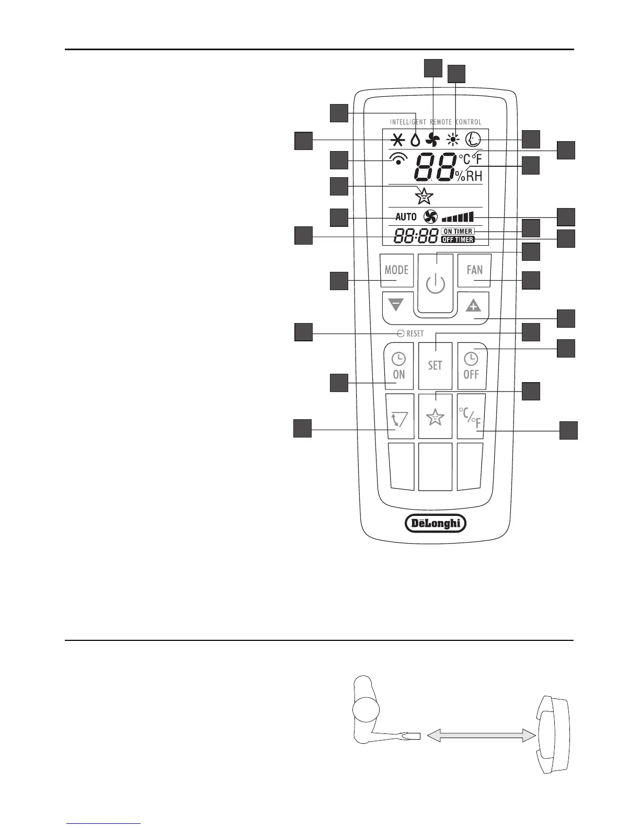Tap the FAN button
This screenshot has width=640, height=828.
coord(474,270)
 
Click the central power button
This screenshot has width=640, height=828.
coord(435,284)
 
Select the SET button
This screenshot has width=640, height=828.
coord(435,365)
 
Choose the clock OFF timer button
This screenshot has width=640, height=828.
coord(472,366)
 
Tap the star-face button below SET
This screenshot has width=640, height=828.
coord(435,417)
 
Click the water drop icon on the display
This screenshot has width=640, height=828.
coord(415,140)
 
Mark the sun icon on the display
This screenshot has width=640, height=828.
coord(453,140)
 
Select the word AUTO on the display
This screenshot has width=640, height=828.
coord(406,217)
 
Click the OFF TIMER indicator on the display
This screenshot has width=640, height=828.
coord(458,240)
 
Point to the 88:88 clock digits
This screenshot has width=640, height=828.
coord(416,237)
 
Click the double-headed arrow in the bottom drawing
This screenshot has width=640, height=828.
coord(482,735)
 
